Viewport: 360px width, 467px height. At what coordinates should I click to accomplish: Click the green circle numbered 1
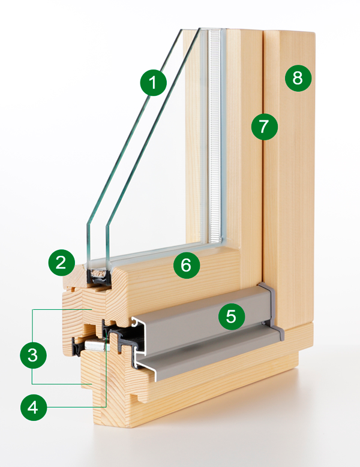pyautogui.click(x=154, y=82)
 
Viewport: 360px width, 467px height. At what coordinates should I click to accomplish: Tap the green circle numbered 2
pyautogui.click(x=62, y=263)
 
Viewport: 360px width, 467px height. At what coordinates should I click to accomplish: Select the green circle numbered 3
pyautogui.click(x=32, y=354)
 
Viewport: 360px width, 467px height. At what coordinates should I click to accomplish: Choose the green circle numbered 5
pyautogui.click(x=231, y=316)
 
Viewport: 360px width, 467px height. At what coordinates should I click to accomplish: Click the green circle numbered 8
pyautogui.click(x=298, y=77)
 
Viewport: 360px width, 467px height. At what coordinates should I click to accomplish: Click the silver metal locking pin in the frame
pyautogui.click(x=94, y=345)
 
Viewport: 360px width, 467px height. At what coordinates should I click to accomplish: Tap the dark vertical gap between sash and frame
pyautogui.click(x=263, y=180)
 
